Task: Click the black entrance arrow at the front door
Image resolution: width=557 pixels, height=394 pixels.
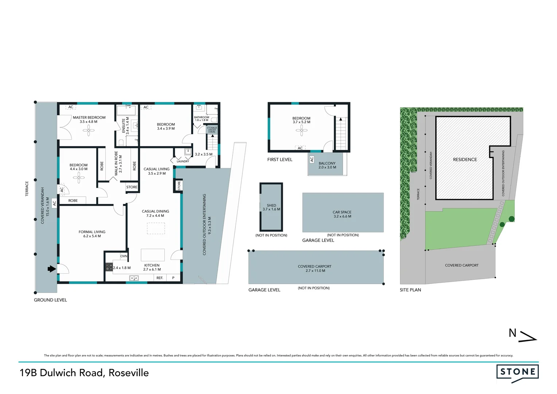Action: [52, 269]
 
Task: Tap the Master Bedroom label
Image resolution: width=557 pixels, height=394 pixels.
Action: [89, 118]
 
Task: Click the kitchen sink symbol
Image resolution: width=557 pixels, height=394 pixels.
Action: [134, 278]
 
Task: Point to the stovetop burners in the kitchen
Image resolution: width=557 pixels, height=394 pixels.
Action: [109, 267]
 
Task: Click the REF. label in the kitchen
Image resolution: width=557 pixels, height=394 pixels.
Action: [160, 278]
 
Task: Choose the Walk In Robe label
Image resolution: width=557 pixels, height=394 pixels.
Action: [116, 163]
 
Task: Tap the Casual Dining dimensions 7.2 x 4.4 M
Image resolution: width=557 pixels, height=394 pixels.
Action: [155, 216]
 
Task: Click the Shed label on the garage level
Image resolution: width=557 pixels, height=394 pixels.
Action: [271, 205]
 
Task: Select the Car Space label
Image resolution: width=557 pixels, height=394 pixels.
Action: [342, 212]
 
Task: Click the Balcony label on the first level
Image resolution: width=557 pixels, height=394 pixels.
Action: [327, 163]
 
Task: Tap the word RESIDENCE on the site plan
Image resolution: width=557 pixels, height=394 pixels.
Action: [465, 159]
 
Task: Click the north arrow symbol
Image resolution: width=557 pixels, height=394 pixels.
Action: [527, 336]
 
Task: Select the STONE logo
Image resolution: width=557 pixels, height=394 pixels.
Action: [517, 372]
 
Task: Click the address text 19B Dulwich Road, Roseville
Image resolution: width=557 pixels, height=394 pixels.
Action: [84, 373]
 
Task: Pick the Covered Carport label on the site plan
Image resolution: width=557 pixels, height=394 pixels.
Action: [461, 265]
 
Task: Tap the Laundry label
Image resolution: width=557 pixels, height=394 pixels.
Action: [183, 161]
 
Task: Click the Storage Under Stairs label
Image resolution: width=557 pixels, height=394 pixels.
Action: [212, 130]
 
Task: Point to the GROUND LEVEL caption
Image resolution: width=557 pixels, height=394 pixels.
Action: [50, 300]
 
